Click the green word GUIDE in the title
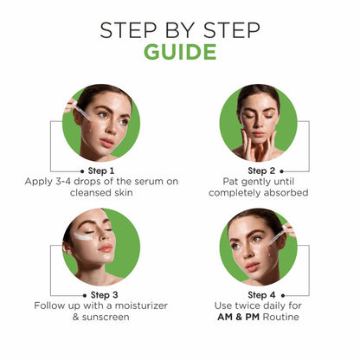180,52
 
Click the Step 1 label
101,171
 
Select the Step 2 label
261,171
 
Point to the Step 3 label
104,295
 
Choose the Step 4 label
261,295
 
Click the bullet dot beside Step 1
82,171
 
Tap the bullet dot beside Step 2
281,171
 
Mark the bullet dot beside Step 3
85,295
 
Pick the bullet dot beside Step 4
283,295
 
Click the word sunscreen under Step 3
106,318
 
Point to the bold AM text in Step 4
225,317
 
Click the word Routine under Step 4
281,317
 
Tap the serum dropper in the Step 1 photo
82,112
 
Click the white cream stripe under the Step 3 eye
83,237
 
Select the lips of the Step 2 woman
258,134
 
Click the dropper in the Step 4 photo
278,235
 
